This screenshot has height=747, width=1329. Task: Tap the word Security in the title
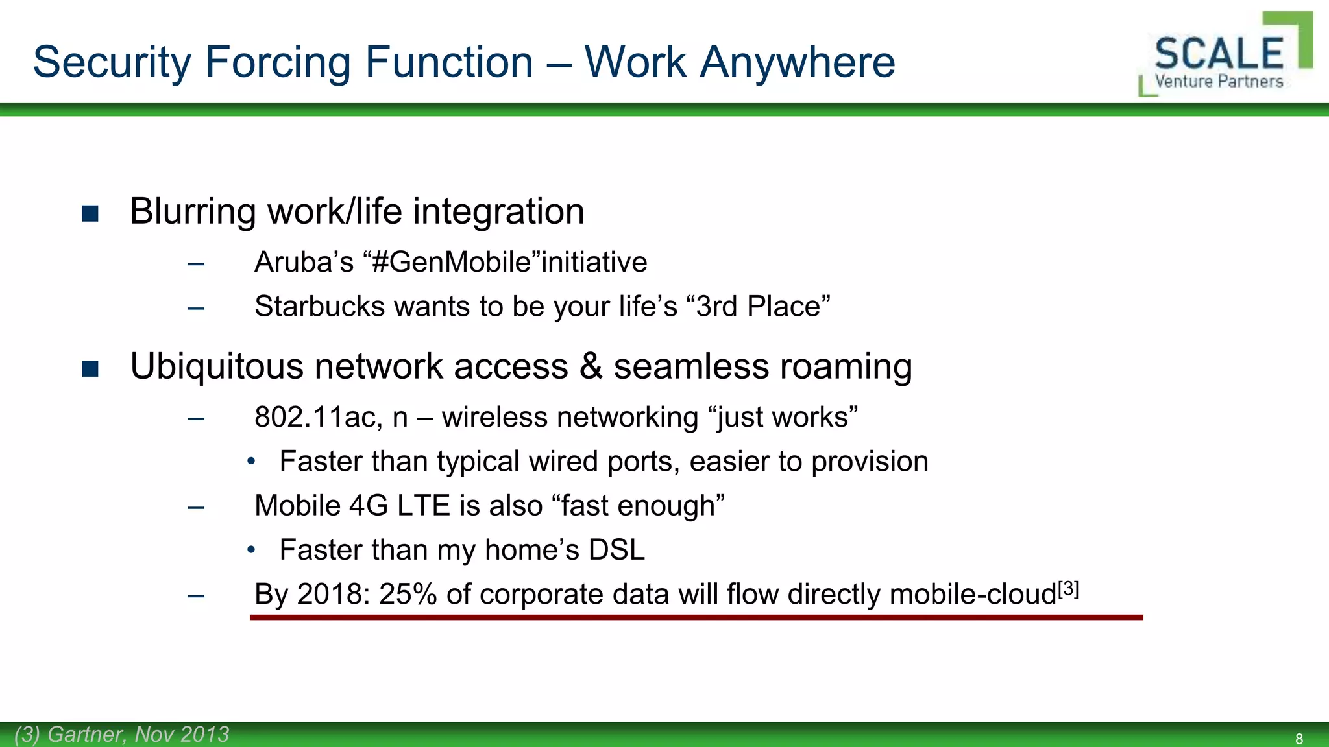click(112, 62)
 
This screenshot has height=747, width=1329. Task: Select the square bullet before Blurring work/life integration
click(90, 213)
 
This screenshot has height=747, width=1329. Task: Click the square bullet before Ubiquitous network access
click(90, 368)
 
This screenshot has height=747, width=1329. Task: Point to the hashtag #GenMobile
click(452, 263)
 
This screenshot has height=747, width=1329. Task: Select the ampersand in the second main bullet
click(591, 366)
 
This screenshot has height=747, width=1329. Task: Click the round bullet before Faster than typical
click(252, 462)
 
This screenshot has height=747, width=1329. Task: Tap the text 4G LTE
click(399, 506)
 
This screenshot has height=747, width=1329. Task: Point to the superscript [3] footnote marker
click(1068, 589)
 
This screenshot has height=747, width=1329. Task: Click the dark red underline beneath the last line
click(696, 617)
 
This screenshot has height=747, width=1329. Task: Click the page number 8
click(1299, 739)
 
